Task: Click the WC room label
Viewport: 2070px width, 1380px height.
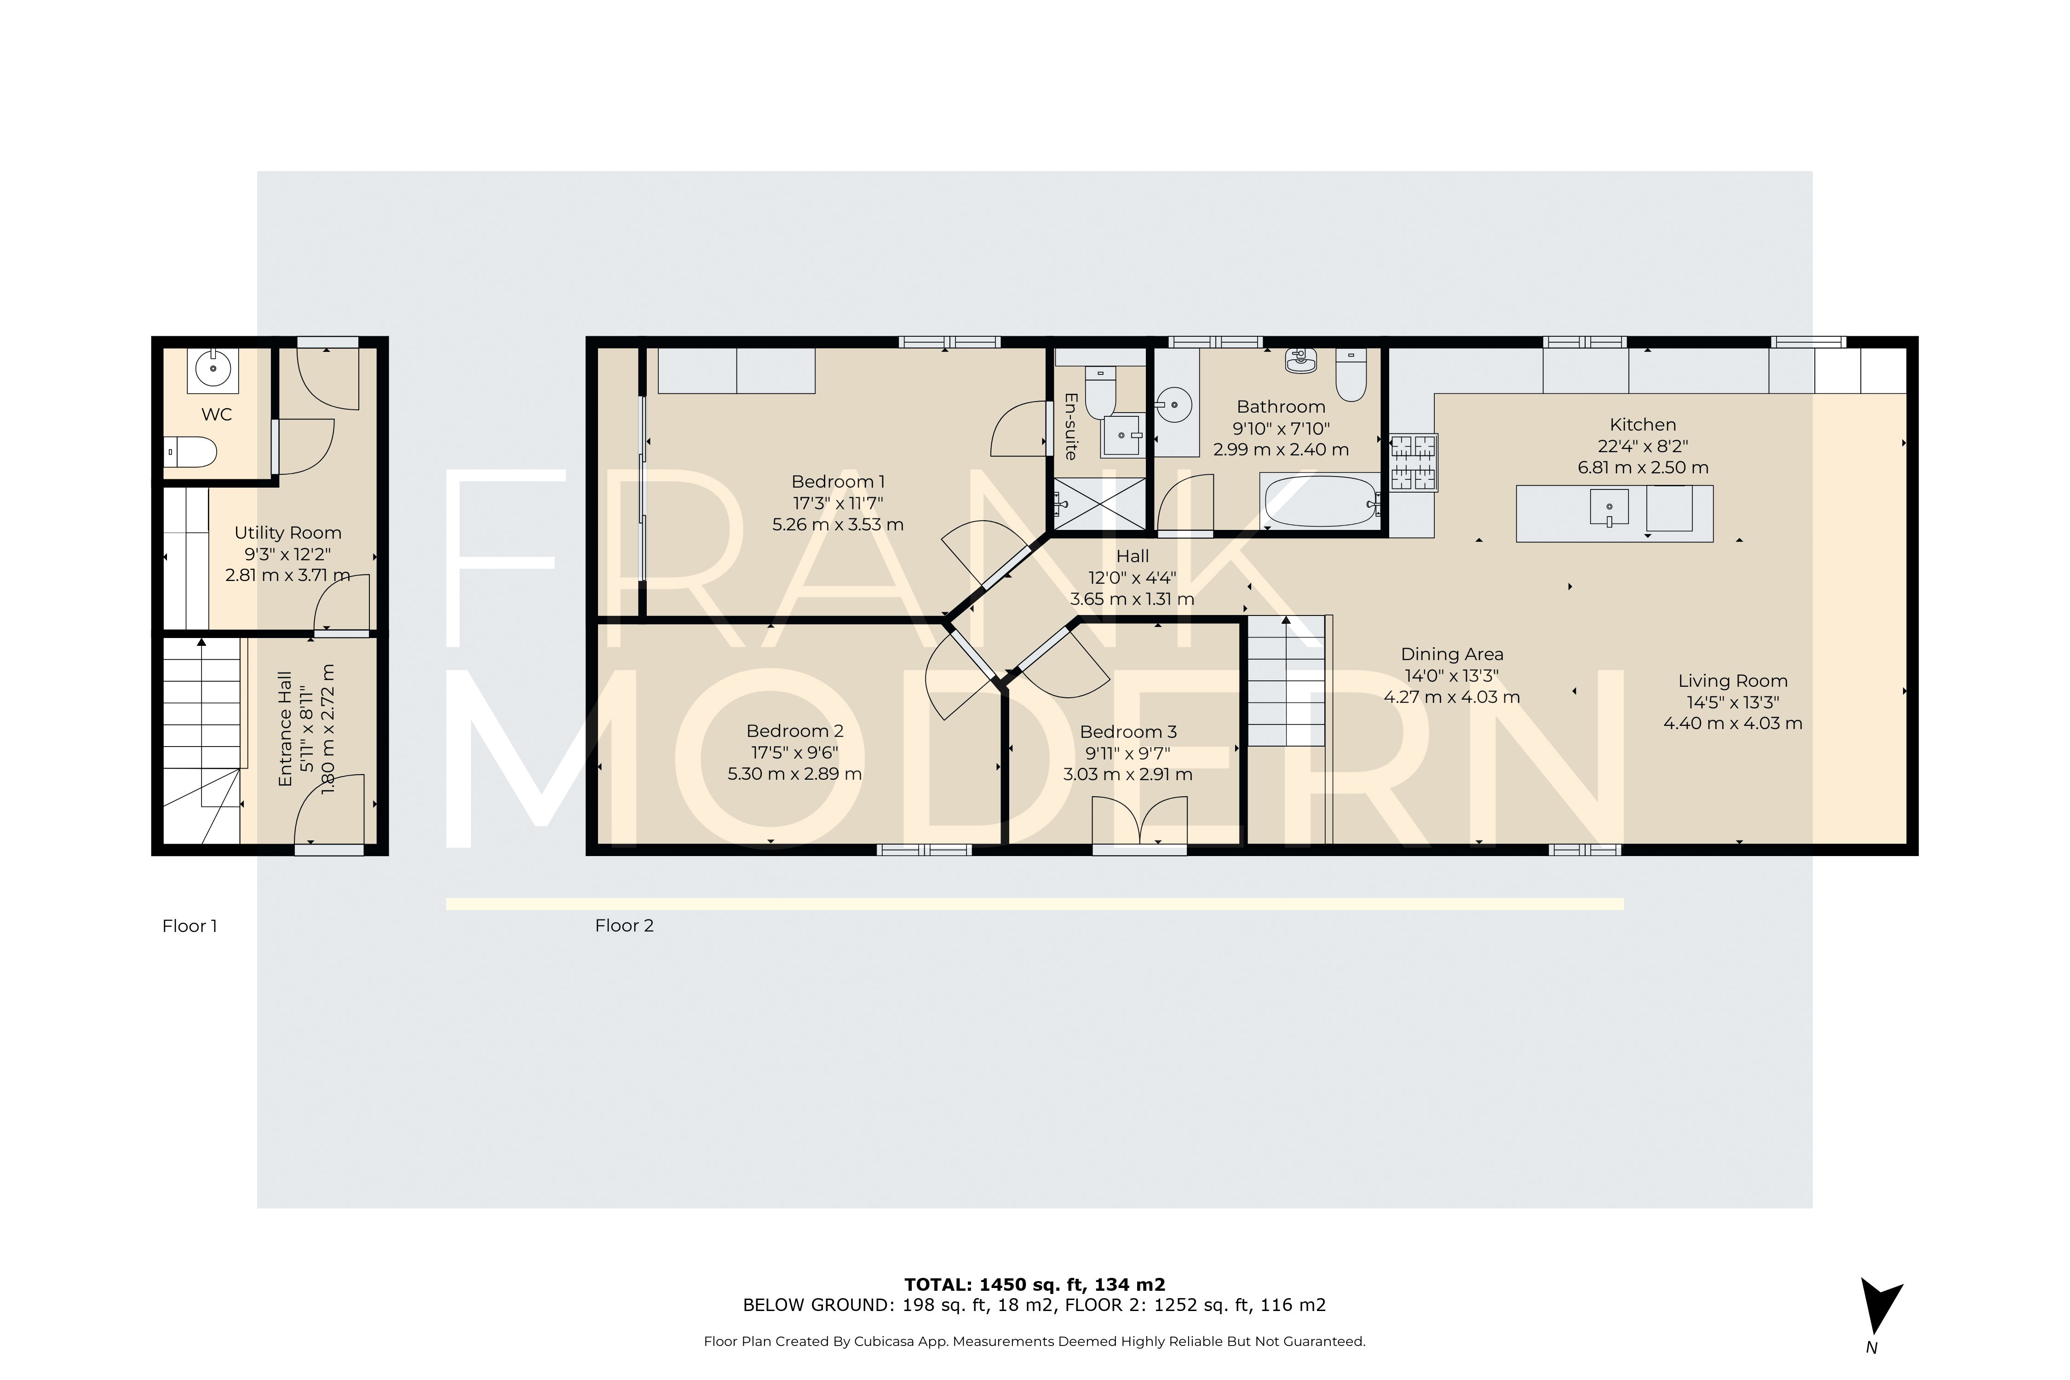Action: [x=217, y=414]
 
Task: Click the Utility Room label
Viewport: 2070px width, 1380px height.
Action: [x=288, y=533]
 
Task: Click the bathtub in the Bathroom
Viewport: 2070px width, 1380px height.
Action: [x=1320, y=502]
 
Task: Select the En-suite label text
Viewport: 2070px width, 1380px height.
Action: [x=1070, y=426]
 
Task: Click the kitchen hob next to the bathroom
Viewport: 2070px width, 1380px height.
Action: [x=1414, y=462]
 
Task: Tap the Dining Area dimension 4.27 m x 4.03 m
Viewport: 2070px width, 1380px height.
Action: [x=1452, y=697]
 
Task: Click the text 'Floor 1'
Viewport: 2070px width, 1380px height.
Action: [x=189, y=926]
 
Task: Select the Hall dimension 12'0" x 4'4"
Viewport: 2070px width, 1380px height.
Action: [x=1132, y=578]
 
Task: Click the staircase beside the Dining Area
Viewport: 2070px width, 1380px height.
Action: [x=1286, y=682]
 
